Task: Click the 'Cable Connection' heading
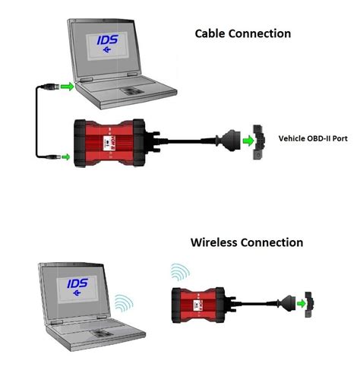click(x=242, y=33)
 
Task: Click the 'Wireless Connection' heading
click(x=246, y=242)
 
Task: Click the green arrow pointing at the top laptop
click(x=68, y=88)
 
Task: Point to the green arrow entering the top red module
click(x=65, y=157)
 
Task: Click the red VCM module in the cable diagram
click(x=115, y=143)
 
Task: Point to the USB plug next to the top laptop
click(x=49, y=88)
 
